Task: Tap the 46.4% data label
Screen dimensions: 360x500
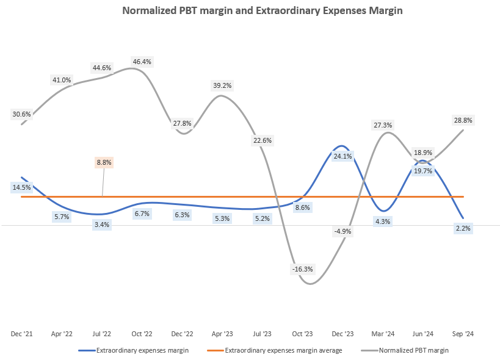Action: pyautogui.click(x=142, y=62)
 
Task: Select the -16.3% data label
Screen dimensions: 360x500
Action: pyautogui.click(x=302, y=268)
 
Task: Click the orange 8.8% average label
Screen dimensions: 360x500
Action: pyautogui.click(x=104, y=163)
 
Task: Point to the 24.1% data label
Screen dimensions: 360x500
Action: pyautogui.click(x=342, y=156)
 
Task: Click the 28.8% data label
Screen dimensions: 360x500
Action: pyautogui.click(x=463, y=120)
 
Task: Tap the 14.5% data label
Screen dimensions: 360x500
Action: pyautogui.click(x=21, y=187)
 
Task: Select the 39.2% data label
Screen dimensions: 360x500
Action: pyautogui.click(x=222, y=85)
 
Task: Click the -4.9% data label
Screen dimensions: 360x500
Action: pyautogui.click(x=342, y=231)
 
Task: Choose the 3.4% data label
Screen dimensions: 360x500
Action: pyautogui.click(x=102, y=225)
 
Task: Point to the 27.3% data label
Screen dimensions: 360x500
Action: pyautogui.click(x=383, y=125)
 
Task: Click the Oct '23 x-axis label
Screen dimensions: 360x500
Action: pyautogui.click(x=302, y=334)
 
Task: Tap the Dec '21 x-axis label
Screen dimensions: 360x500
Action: pyautogui.click(x=21, y=334)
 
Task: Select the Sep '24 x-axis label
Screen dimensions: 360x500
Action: pyautogui.click(x=463, y=334)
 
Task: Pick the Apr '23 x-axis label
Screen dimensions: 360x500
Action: pyautogui.click(x=222, y=334)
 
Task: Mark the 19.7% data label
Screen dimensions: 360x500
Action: pyautogui.click(x=423, y=171)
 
